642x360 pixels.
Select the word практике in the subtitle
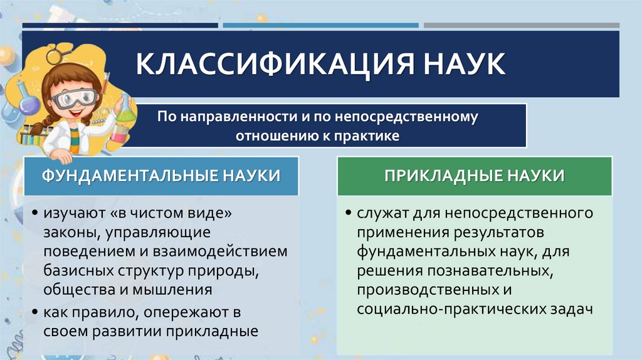(x=370, y=135)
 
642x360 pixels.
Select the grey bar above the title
(x=521, y=26)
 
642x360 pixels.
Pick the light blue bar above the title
(x=320, y=26)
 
